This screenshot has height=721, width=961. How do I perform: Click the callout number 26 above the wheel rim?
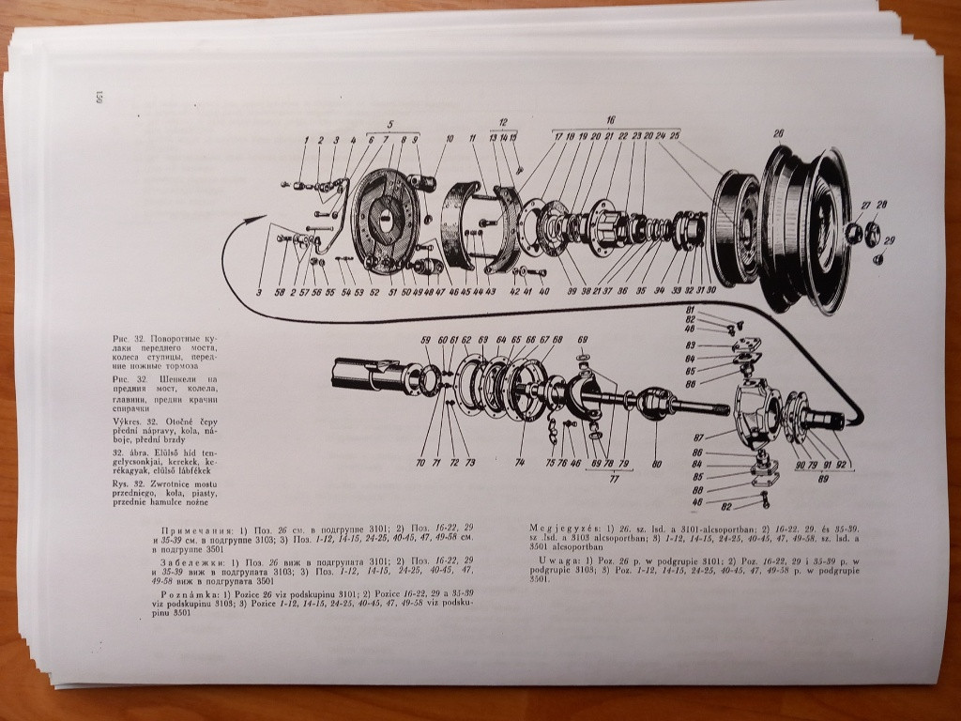coord(778,133)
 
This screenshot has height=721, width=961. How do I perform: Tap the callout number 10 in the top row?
coord(450,139)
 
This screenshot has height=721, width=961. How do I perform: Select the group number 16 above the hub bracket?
coord(610,121)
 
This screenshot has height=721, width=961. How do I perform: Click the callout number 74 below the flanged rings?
coord(520,463)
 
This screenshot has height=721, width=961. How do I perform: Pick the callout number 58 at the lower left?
coord(280,293)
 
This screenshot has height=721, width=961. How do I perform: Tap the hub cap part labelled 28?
coord(872,231)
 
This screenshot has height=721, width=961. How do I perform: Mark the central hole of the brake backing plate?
coord(386,217)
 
